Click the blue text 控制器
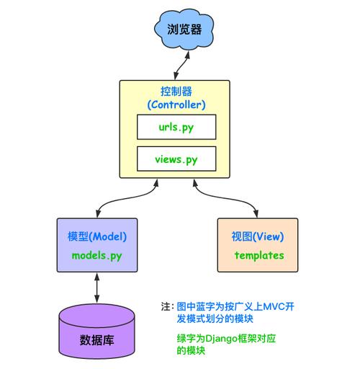click(176, 92)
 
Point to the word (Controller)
click(176, 105)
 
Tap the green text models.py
click(98, 255)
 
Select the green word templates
click(258, 255)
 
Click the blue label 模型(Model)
click(97, 236)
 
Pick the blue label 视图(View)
click(258, 236)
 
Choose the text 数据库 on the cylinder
click(96, 339)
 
